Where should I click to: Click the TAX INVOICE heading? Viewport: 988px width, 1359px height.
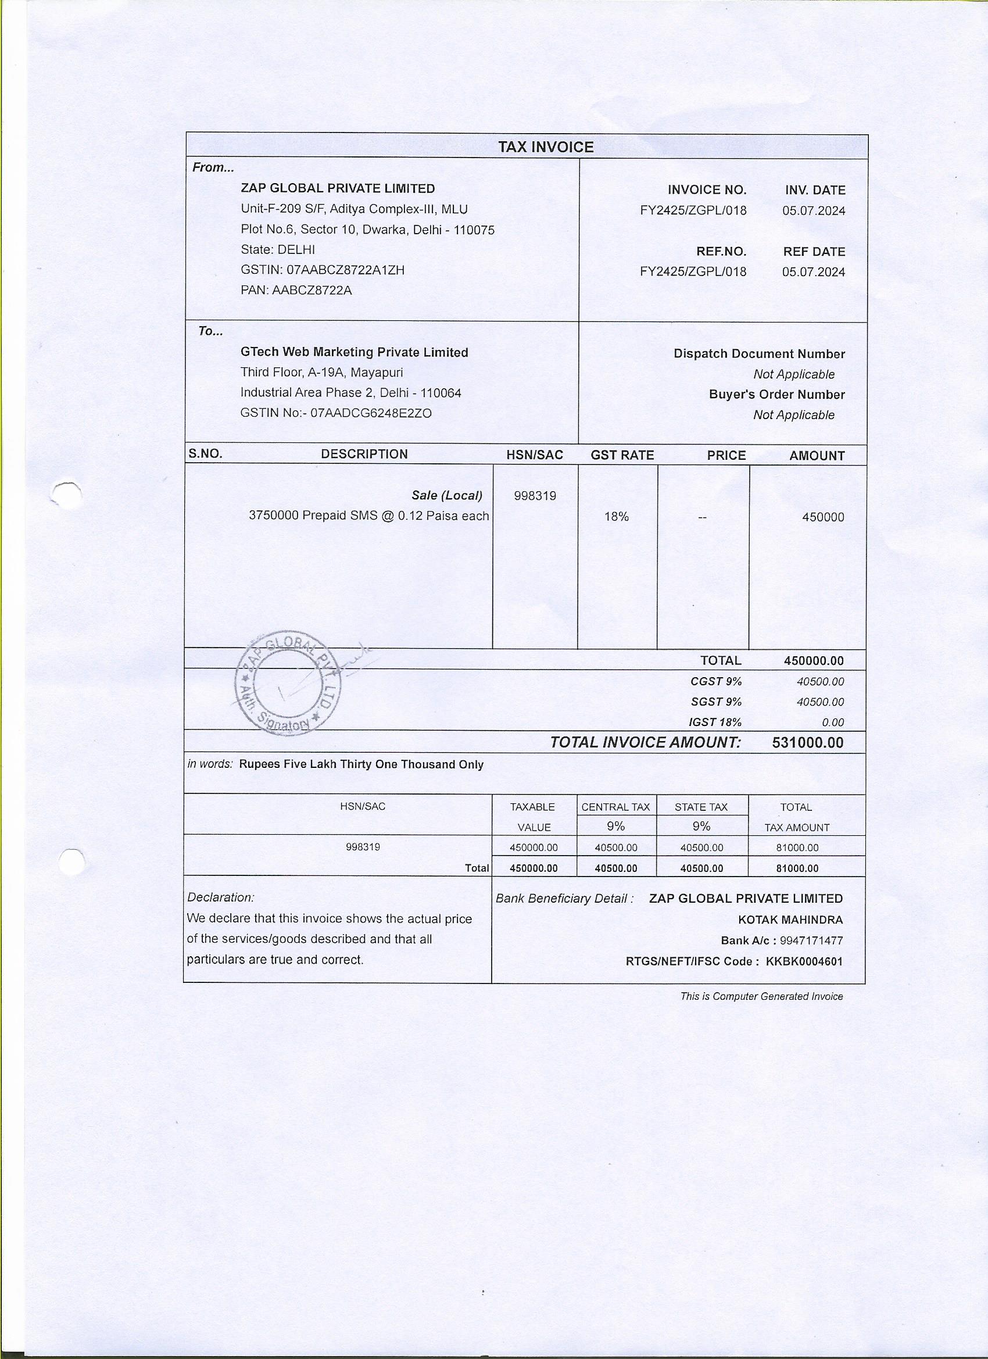(545, 148)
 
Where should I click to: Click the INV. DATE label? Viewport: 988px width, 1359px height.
(815, 191)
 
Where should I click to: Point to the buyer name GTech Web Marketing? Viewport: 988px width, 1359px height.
(354, 352)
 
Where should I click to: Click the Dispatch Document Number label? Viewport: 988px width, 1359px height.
(758, 354)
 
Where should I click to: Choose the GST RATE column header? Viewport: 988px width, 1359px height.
(622, 455)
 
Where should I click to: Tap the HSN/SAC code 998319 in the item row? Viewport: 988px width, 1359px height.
(535, 496)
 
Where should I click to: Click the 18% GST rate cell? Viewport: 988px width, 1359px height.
(617, 517)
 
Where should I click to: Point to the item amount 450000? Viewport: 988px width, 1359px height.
(822, 517)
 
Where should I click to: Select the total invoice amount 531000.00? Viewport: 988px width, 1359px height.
(807, 743)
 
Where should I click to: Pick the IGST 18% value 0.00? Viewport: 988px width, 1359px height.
(832, 723)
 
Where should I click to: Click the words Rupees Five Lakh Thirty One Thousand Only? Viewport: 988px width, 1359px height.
(361, 764)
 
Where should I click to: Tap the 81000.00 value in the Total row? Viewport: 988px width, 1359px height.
(797, 868)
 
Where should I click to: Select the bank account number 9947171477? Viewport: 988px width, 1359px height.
(811, 940)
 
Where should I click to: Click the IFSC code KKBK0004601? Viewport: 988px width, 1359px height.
(804, 962)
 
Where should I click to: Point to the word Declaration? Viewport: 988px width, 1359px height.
(220, 897)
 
